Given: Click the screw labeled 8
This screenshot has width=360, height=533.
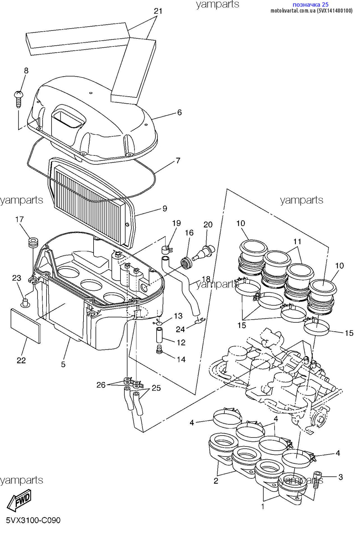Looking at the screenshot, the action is (18, 99).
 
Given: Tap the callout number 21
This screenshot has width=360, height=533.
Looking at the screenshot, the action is (158, 11).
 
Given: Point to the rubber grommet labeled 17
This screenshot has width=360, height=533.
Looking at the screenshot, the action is (33, 243).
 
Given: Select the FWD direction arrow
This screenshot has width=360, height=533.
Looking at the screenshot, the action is (19, 499).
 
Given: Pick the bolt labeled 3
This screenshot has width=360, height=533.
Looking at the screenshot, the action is (317, 480).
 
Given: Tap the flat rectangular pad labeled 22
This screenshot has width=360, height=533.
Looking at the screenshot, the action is (25, 326).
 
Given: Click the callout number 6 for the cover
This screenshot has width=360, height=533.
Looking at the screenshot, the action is (179, 113).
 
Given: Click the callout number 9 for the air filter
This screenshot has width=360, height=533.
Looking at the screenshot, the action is (165, 209).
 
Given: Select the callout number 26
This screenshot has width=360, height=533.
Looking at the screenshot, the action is (101, 385).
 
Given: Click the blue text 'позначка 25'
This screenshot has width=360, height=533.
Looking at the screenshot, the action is (310, 4).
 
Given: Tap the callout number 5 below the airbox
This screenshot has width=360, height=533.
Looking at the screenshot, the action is (63, 364).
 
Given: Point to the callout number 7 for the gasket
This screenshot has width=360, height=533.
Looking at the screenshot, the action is (178, 161).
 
